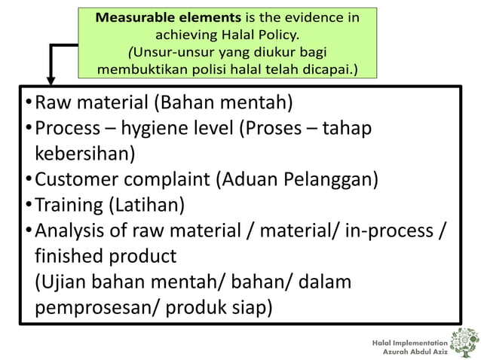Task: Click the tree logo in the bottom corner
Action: click(462, 340)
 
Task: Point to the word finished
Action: click(69, 256)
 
